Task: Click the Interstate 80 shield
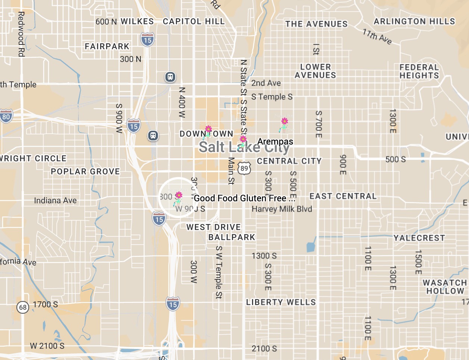[x=6, y=116]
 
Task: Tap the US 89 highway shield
[x=244, y=168]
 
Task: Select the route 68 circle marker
[x=23, y=307]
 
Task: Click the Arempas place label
[x=275, y=142]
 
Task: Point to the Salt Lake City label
[x=244, y=147]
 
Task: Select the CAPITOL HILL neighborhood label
[x=194, y=21]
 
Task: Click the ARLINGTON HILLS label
[x=414, y=21]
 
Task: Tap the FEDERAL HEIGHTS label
[x=419, y=71]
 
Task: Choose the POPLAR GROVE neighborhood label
[x=85, y=171]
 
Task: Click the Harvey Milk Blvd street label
[x=282, y=209]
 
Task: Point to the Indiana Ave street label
[x=55, y=201]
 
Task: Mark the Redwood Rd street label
[x=21, y=34]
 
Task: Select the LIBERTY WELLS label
[x=281, y=302]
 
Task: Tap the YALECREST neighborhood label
[x=419, y=238]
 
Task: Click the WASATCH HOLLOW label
[x=444, y=287]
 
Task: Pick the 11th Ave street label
[x=377, y=37]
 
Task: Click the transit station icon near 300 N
[x=170, y=77]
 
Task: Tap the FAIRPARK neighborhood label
[x=107, y=46]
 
